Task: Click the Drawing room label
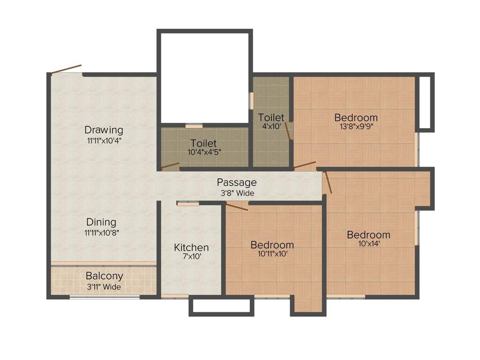(x=104, y=130)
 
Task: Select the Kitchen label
(x=191, y=247)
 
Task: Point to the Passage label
(x=237, y=182)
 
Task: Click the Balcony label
(x=104, y=276)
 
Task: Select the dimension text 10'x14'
(x=368, y=244)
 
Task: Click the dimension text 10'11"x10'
(x=272, y=254)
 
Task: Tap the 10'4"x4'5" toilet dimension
(x=203, y=152)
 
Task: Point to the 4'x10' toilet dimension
(x=271, y=127)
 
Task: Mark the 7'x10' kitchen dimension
(x=191, y=256)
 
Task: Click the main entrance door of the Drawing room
(x=67, y=69)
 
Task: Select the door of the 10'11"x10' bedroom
(x=237, y=206)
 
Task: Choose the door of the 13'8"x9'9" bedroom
(x=305, y=165)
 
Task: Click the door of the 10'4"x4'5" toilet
(x=170, y=165)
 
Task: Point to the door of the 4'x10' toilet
(x=289, y=131)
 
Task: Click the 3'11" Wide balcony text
(x=104, y=286)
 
